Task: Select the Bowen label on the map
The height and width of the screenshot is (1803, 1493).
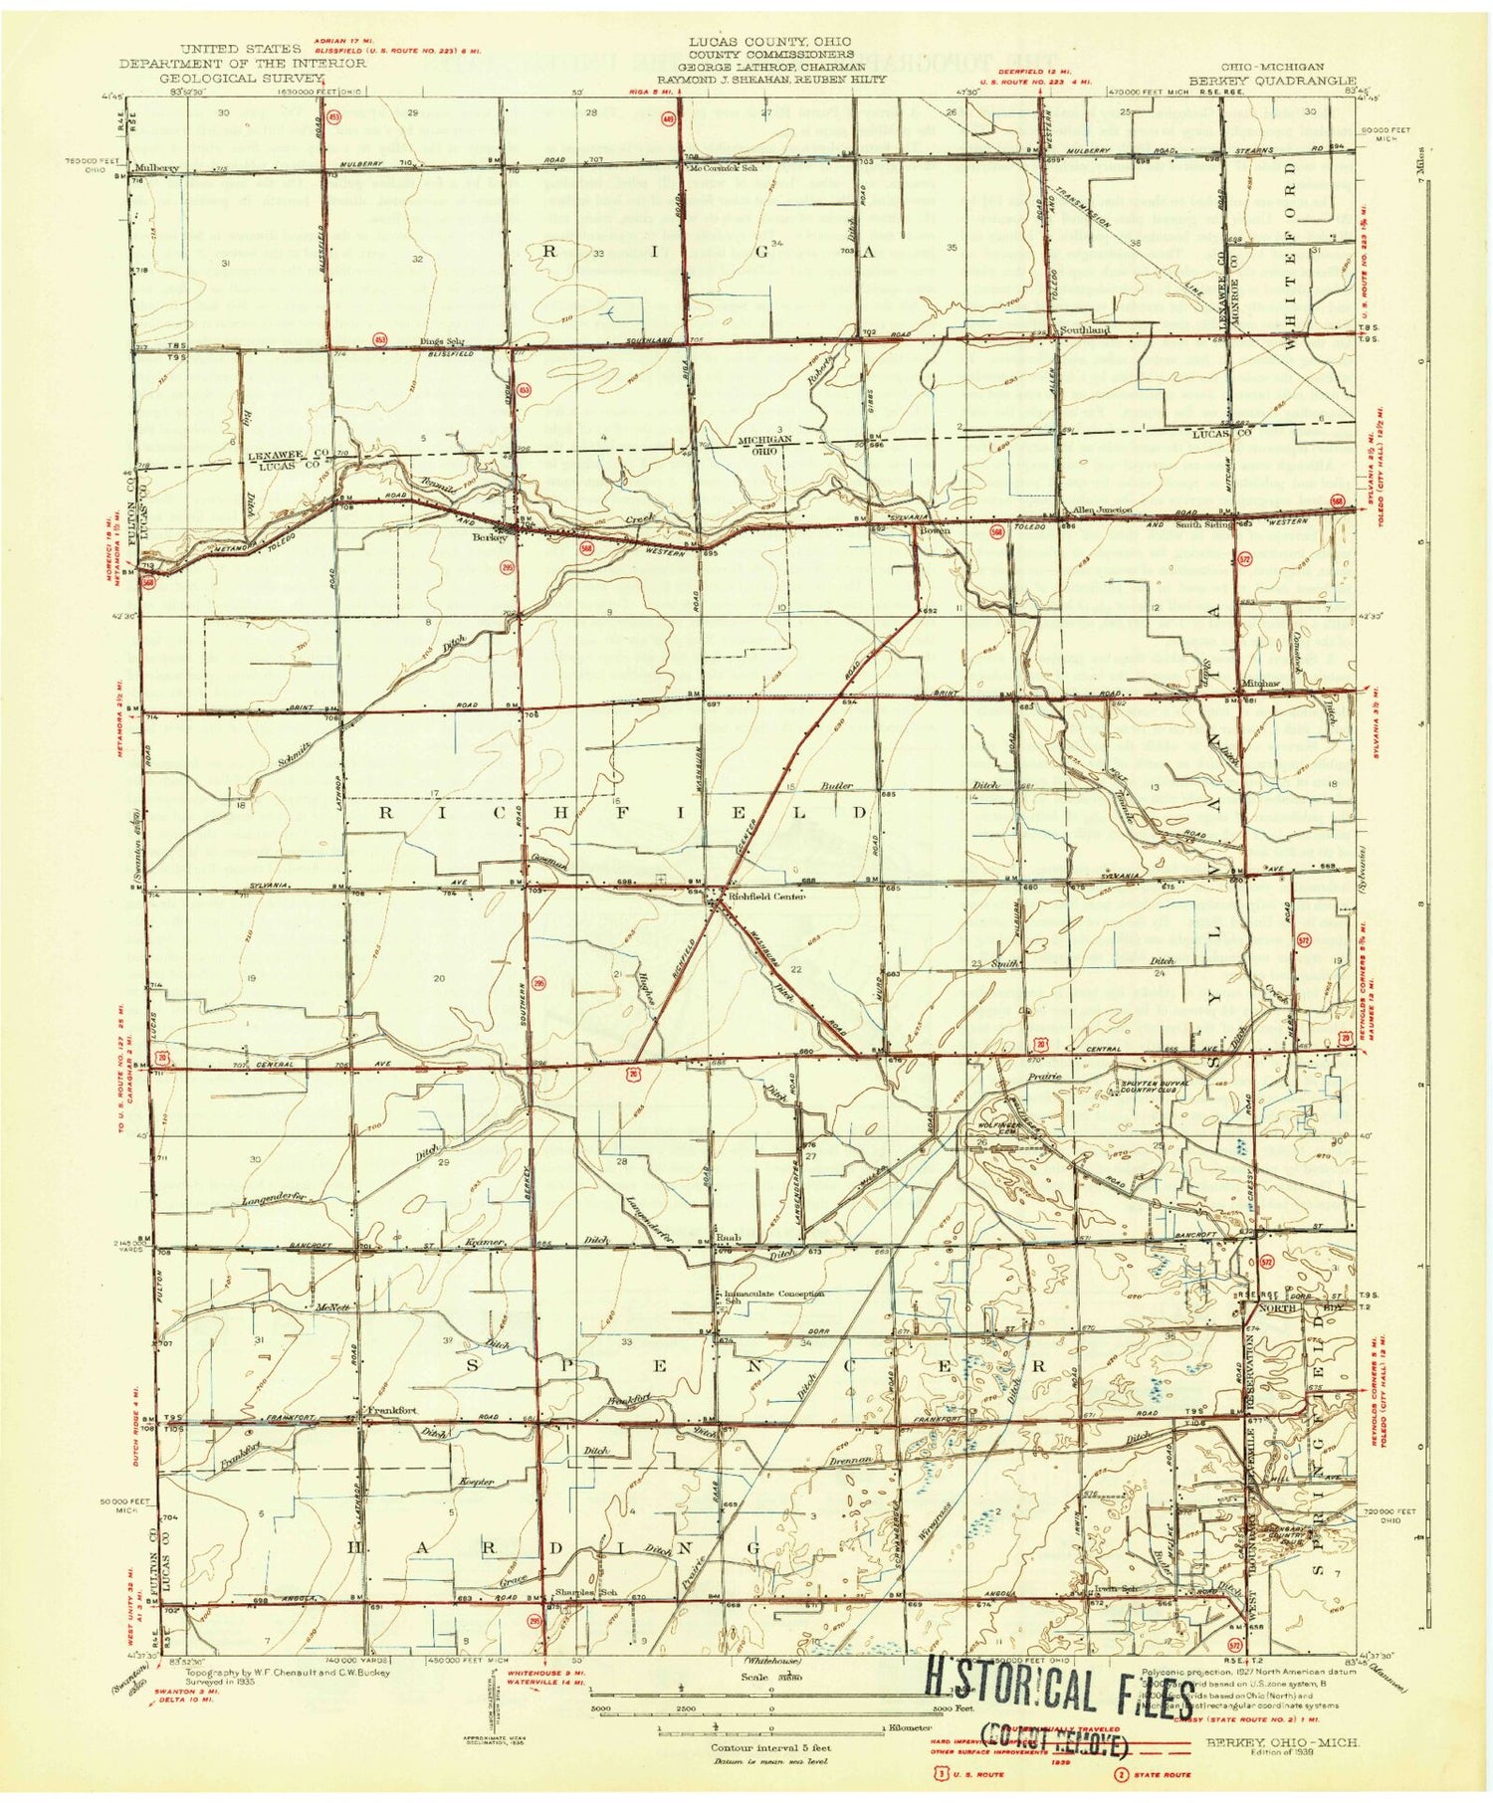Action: (935, 530)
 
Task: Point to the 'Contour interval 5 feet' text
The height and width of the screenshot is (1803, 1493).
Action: (769, 1746)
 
